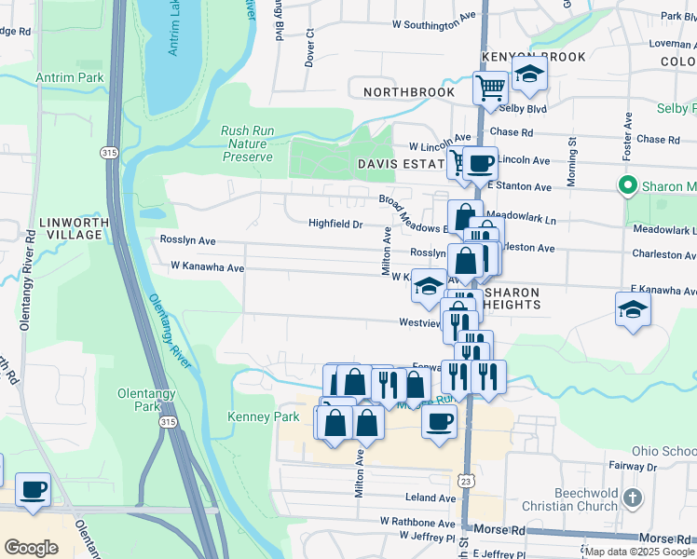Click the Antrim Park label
tap(70, 77)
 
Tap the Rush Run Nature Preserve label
tap(247, 143)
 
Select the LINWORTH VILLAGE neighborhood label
tap(75, 228)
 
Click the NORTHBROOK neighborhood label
tap(409, 92)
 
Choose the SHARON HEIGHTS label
tap(511, 299)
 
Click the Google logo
tap(31, 548)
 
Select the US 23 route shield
tap(467, 478)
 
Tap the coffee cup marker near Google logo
tap(34, 490)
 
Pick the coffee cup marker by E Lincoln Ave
tap(480, 164)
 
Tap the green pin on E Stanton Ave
tap(628, 184)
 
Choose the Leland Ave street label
tap(430, 498)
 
